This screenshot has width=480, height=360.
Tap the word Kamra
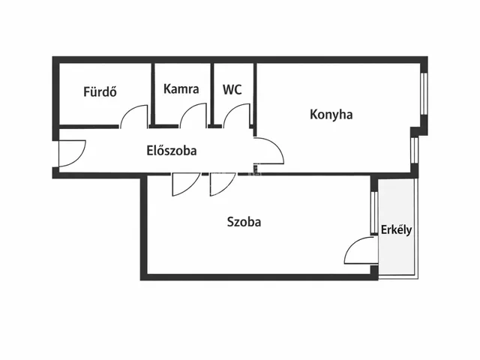click(181, 88)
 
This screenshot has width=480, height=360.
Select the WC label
click(232, 88)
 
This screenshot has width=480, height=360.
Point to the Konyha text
click(331, 115)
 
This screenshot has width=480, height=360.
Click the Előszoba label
click(171, 150)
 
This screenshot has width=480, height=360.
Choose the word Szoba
click(244, 222)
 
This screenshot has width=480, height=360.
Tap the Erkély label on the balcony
click(396, 229)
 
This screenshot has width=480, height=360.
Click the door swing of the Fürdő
click(136, 116)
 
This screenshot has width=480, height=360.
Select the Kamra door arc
click(194, 115)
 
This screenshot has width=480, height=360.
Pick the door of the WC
click(237, 115)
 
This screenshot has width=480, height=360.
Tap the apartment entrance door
click(73, 154)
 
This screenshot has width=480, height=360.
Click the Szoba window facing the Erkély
click(373, 213)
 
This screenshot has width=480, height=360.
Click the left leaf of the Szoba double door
click(184, 184)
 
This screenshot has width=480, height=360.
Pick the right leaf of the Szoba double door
click(222, 184)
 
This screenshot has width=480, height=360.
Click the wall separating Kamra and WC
click(213, 94)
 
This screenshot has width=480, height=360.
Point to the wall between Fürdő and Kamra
click(152, 94)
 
